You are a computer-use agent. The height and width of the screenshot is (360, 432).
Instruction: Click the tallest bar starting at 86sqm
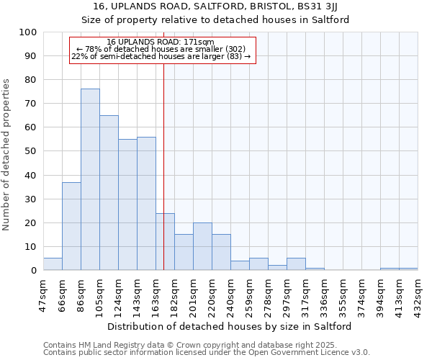click(x=90, y=179)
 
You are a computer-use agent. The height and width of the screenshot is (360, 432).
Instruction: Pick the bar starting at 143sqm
click(x=146, y=204)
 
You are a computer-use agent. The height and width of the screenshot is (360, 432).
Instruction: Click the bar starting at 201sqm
click(x=202, y=246)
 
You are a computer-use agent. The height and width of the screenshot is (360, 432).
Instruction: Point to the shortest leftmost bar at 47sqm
click(x=53, y=264)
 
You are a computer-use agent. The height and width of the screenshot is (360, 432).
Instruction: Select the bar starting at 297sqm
click(x=296, y=264)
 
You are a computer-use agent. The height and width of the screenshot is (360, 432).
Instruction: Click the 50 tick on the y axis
click(x=31, y=151)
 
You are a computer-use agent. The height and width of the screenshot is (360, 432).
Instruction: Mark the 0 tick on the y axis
click(x=34, y=271)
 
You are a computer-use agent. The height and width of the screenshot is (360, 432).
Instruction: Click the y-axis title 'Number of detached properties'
click(x=7, y=155)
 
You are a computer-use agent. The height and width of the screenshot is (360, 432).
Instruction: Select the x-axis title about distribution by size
click(x=230, y=326)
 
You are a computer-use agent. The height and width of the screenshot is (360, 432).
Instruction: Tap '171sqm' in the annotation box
click(x=199, y=42)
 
